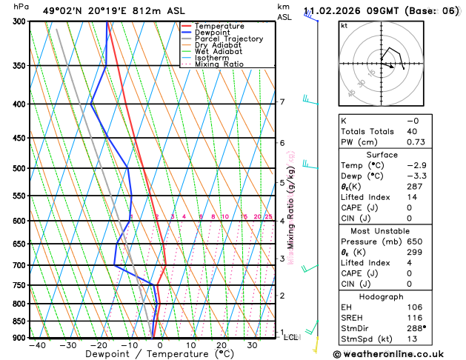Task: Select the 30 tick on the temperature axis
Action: (252, 345)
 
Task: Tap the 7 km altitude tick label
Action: (282, 102)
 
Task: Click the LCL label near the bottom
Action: (291, 337)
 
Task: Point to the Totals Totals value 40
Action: (412, 131)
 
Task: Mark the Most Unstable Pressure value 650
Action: (414, 241)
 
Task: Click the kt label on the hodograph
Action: (344, 25)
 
